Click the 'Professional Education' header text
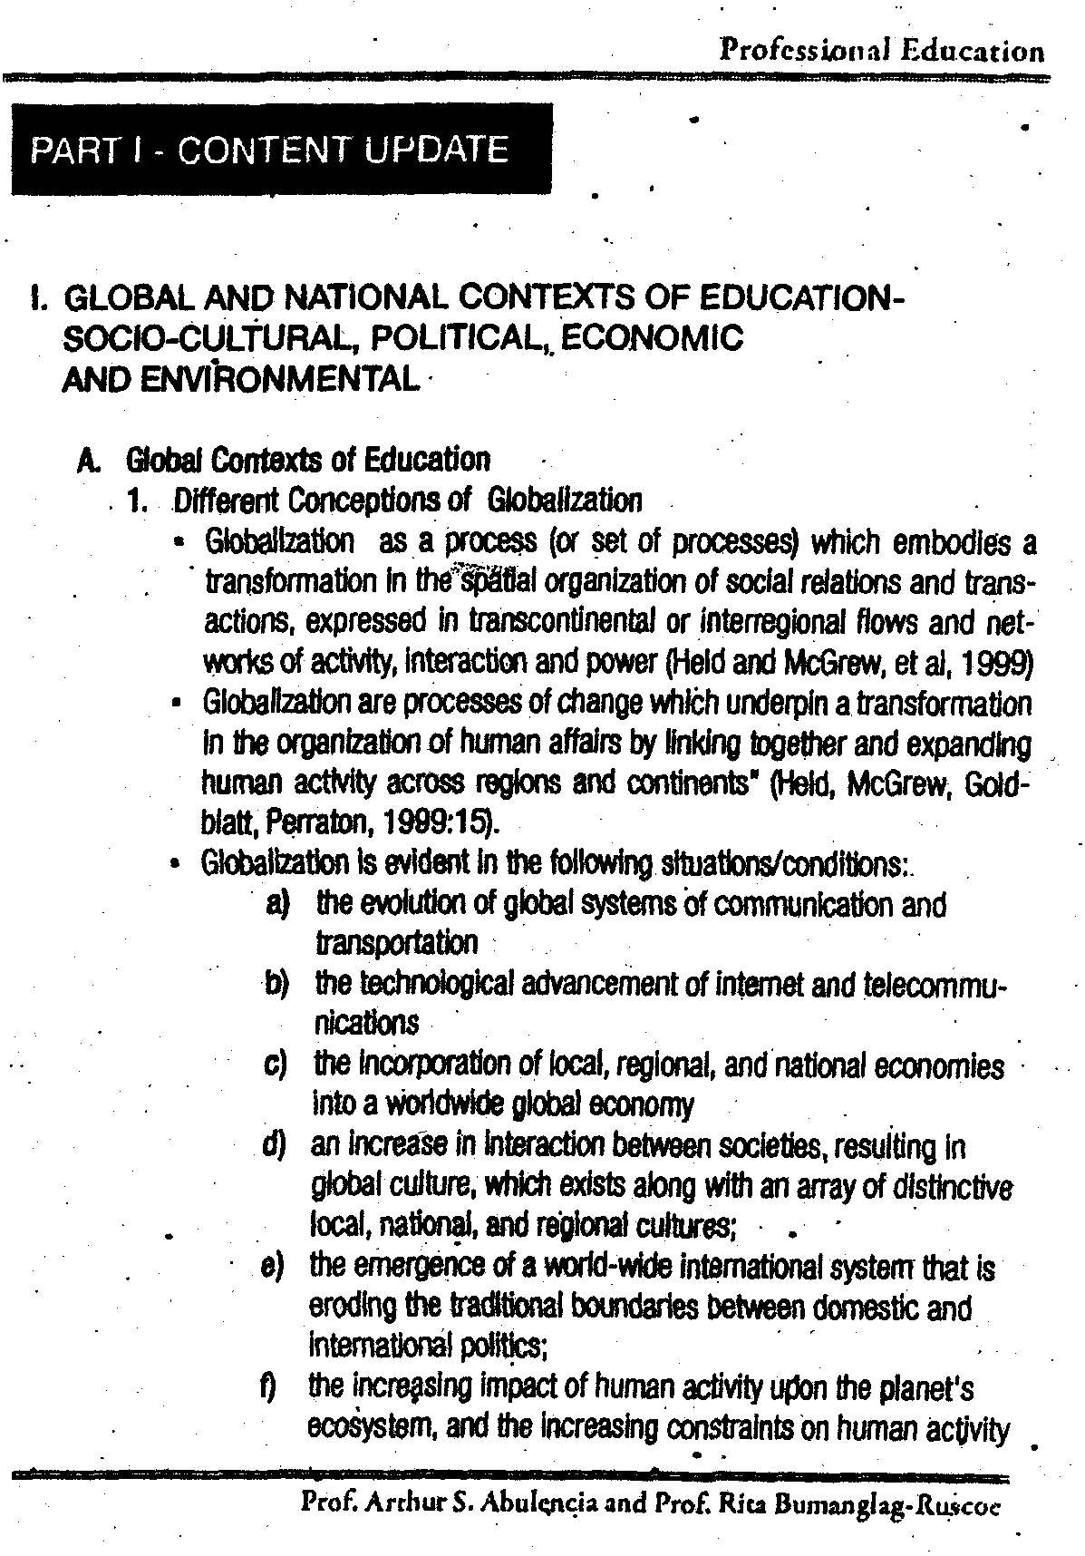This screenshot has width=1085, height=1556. (881, 50)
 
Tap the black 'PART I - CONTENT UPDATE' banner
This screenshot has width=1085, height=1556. (281, 150)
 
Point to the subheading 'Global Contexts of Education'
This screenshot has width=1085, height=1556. (308, 460)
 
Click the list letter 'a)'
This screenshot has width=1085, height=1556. (276, 903)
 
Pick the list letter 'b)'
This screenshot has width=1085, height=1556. (276, 983)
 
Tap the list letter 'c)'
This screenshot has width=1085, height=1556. (275, 1065)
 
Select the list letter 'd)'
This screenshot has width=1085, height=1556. (274, 1146)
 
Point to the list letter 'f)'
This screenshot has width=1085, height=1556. (269, 1386)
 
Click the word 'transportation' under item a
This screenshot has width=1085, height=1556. (395, 943)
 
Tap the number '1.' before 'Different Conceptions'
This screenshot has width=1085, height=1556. (139, 501)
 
